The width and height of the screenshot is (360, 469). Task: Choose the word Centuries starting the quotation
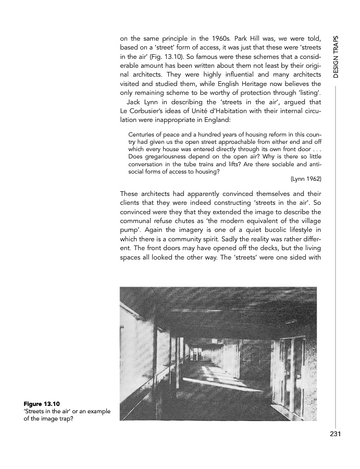143,134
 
